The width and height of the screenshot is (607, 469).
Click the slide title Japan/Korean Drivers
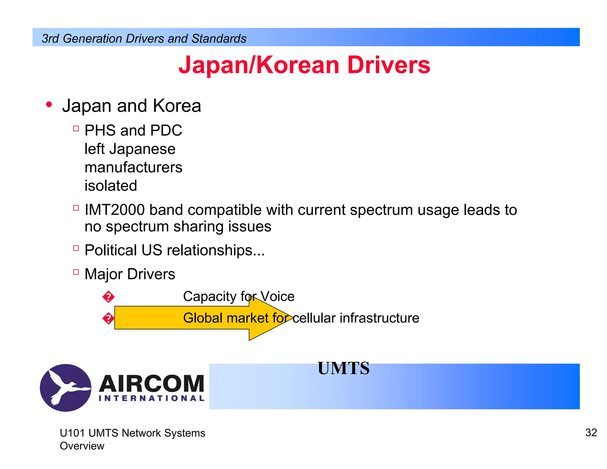click(x=304, y=65)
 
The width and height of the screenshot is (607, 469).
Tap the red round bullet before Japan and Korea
click(x=49, y=105)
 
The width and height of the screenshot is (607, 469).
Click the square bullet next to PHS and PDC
click(x=76, y=129)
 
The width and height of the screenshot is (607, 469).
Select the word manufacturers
click(x=133, y=167)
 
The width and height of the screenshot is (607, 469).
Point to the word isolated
click(x=111, y=186)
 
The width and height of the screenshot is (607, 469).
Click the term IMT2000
click(x=114, y=210)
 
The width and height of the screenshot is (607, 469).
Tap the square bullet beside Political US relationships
click(x=76, y=248)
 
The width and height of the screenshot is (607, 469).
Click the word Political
click(x=111, y=250)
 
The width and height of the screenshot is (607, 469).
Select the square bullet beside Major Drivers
click(x=76, y=272)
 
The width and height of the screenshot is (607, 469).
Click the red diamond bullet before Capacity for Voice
click(x=108, y=297)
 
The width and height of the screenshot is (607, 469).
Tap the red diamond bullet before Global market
click(x=108, y=318)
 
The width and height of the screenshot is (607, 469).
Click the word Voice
click(x=277, y=296)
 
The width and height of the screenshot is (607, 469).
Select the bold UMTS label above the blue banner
click(x=344, y=368)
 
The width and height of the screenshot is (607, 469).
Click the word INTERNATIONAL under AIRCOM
click(x=151, y=398)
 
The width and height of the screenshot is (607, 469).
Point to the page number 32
click(x=591, y=433)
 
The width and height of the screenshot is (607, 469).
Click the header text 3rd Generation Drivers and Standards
click(x=144, y=39)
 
